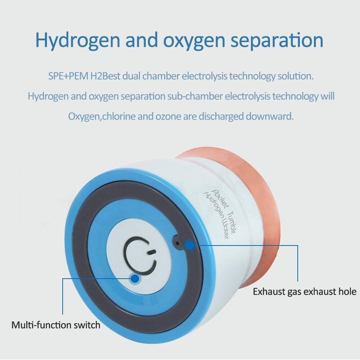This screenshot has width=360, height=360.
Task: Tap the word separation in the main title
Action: tap(277, 40)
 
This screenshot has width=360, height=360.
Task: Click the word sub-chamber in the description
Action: tap(195, 96)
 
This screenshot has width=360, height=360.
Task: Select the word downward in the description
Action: tap(270, 116)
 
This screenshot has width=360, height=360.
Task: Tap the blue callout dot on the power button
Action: tap(135, 279)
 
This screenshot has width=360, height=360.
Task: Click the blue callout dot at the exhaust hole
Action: tap(190, 245)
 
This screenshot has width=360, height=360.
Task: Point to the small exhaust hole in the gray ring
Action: tap(177, 243)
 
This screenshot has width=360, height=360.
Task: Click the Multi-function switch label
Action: tap(56, 325)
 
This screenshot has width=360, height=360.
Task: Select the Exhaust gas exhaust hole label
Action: tap(305, 292)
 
